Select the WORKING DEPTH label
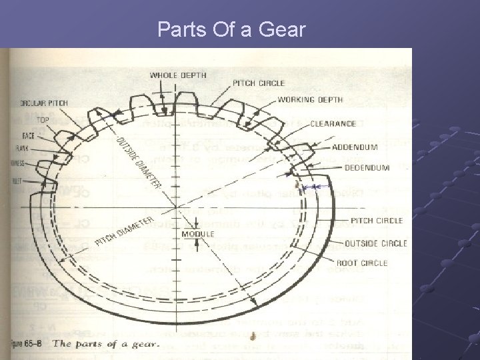pos(310,100)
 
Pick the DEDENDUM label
pos(367,169)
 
